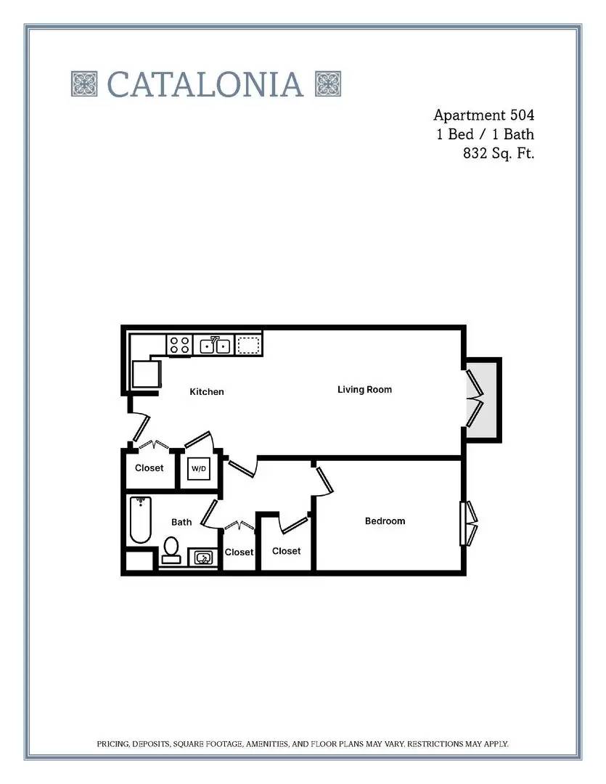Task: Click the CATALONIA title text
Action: [x=205, y=84]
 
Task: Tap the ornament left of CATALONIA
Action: [x=84, y=83]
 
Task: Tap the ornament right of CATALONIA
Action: [x=328, y=83]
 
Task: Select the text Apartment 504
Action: [x=483, y=115]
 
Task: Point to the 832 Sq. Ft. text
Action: [x=499, y=153]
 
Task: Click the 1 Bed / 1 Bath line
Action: [x=485, y=134]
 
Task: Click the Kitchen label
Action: [x=207, y=391]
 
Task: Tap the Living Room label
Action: [x=364, y=390]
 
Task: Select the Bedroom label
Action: [x=385, y=521]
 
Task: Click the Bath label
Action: [x=181, y=522]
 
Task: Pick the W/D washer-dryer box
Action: [x=199, y=468]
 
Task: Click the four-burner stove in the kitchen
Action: [x=179, y=345]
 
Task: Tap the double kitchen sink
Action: [x=215, y=345]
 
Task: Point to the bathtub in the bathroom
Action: [x=141, y=520]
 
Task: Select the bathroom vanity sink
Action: [x=203, y=558]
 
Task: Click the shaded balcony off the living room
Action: [x=483, y=400]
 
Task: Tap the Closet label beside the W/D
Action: [x=149, y=468]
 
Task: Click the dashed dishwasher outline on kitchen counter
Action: [x=248, y=345]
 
